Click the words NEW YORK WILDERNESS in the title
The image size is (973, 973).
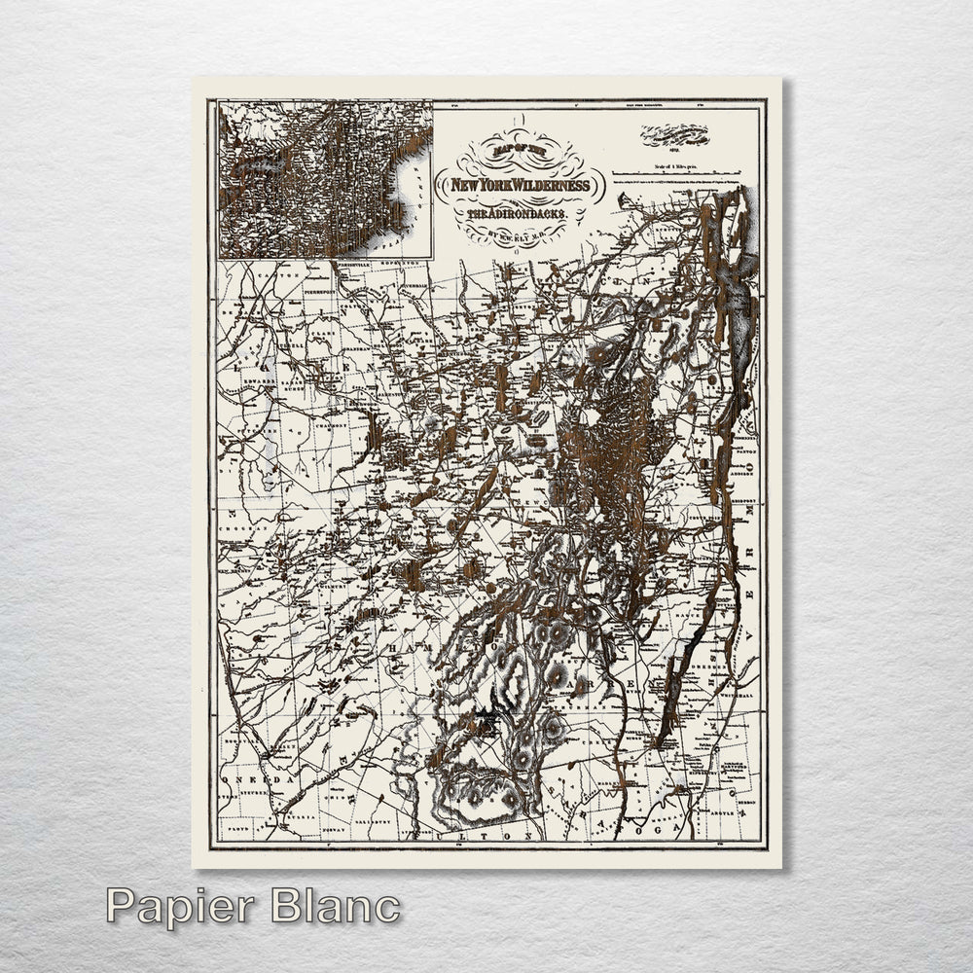tap(519, 185)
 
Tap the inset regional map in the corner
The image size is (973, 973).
tap(324, 180)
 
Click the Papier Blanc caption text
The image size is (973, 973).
tap(253, 906)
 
